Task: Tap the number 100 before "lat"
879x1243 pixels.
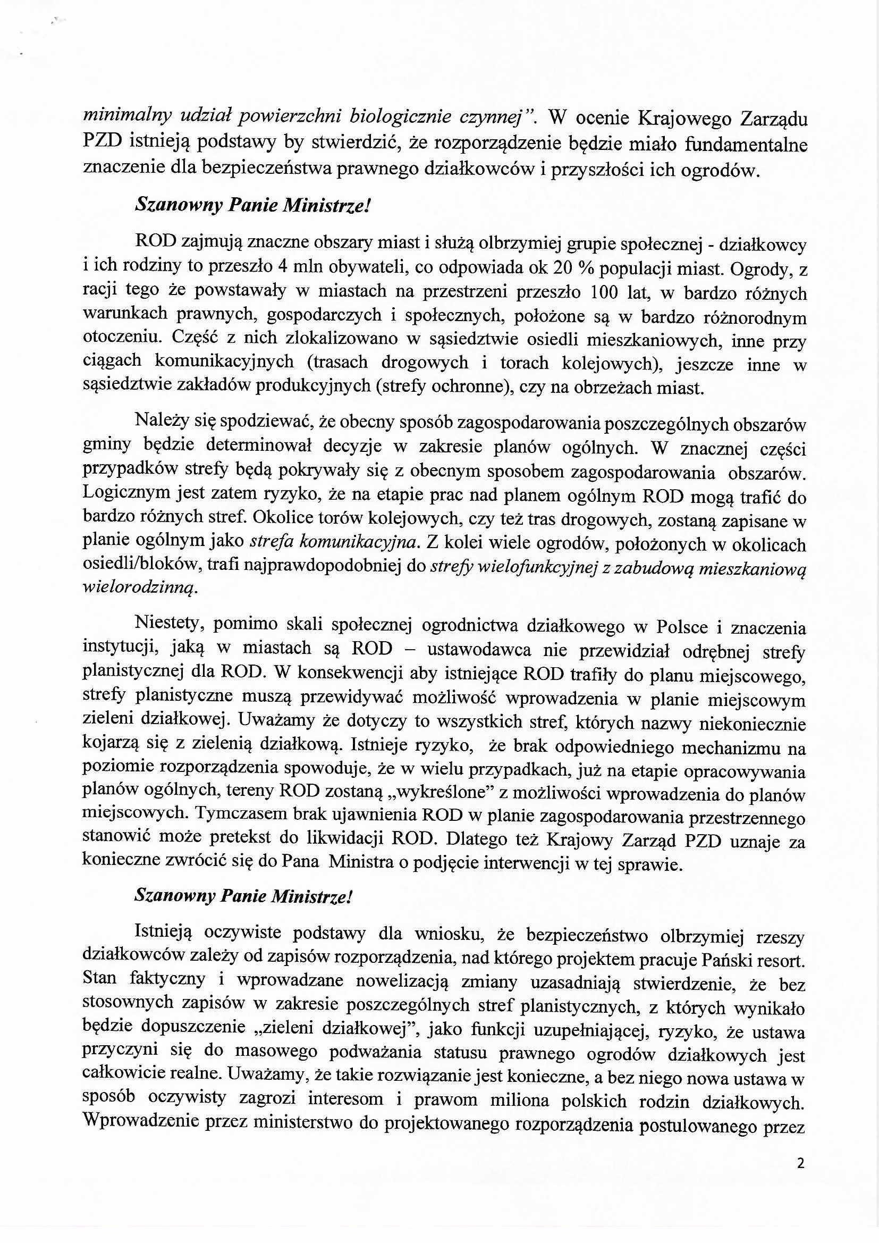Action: point(604,293)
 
